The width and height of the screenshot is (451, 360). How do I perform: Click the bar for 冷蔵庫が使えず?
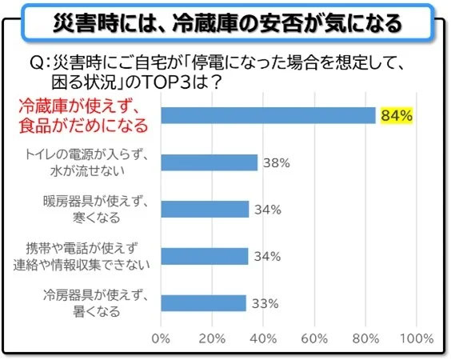coord(268,116)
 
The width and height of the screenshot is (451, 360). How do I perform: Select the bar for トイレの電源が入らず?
coord(210,162)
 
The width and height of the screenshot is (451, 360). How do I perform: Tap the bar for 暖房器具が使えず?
coord(205,210)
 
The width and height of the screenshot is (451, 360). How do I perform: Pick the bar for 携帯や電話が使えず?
coord(205,256)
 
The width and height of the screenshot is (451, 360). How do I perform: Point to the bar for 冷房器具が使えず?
coord(203,303)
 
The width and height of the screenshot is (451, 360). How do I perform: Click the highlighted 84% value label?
coord(396,116)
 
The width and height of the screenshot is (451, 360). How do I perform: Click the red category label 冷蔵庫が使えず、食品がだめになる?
coord(84,115)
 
